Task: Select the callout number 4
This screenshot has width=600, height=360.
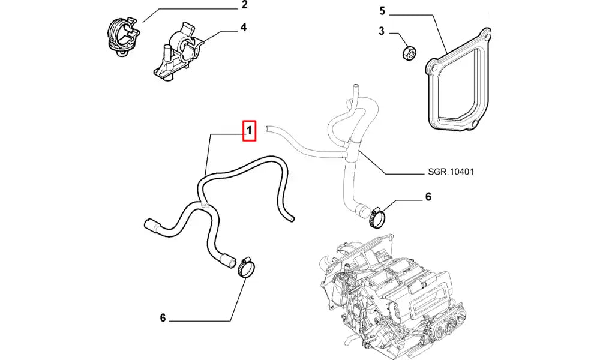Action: point(244,27)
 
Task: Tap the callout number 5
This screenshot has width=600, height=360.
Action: point(381,11)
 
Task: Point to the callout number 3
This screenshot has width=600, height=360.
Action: point(381,32)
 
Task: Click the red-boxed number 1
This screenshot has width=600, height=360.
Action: point(250,130)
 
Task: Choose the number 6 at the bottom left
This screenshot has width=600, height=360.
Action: point(163,318)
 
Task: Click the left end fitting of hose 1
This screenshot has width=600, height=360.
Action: point(151,225)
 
